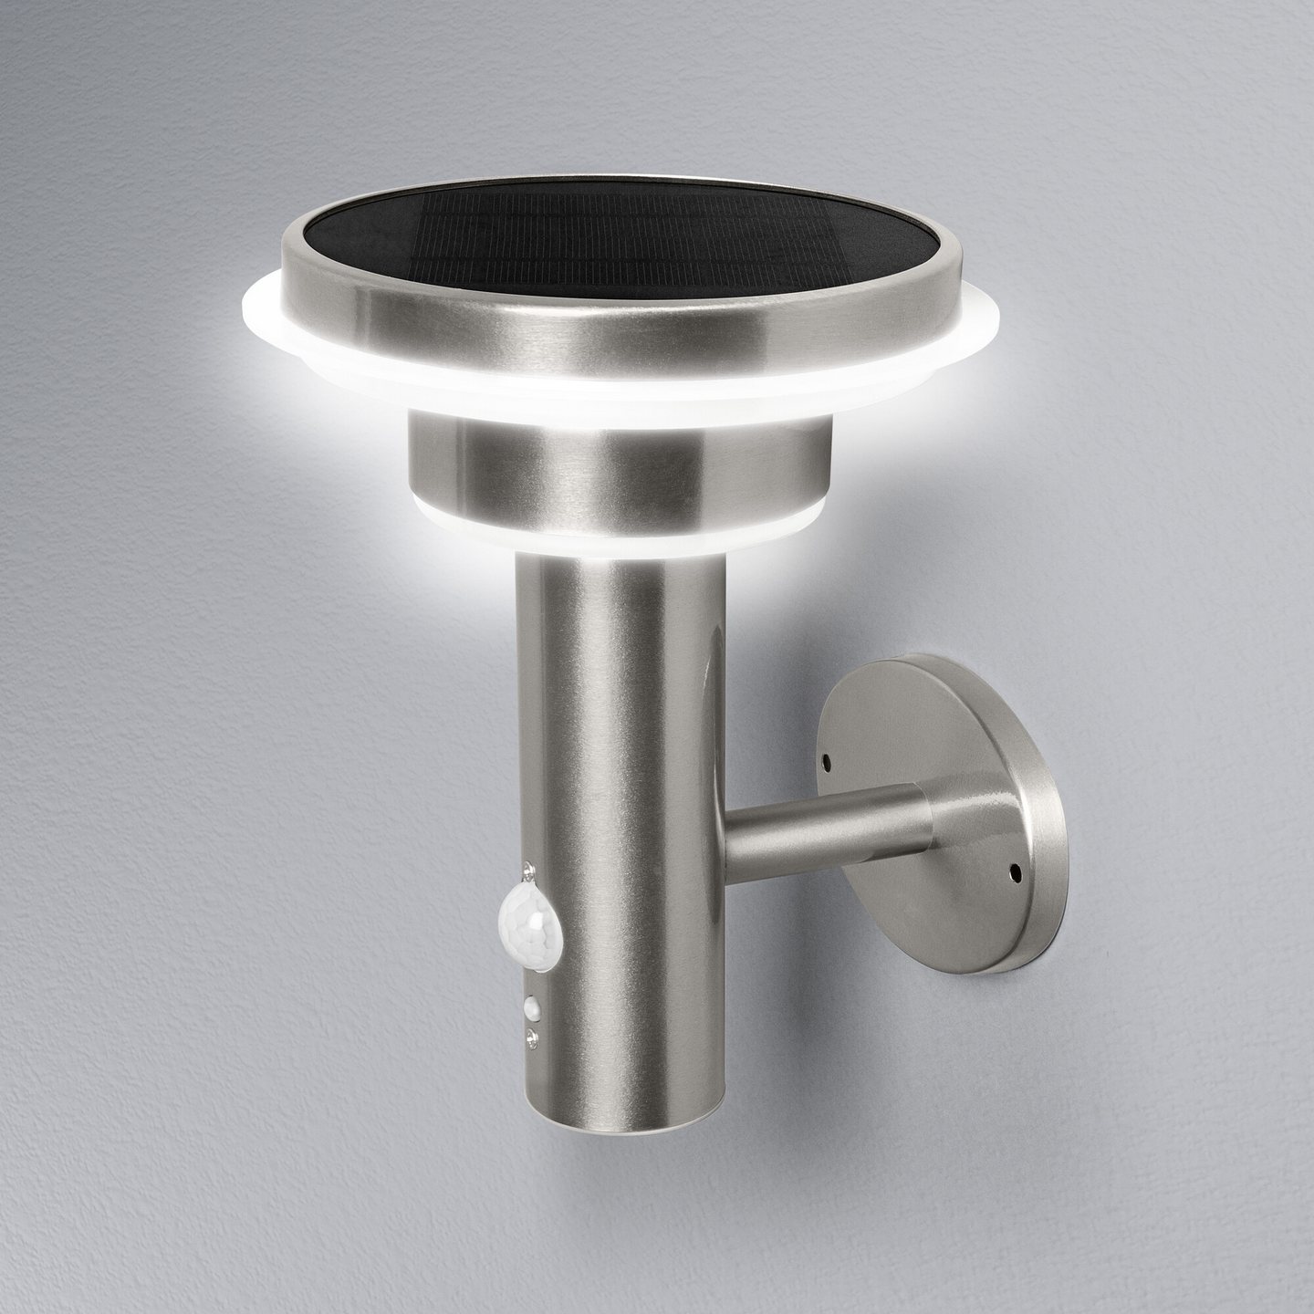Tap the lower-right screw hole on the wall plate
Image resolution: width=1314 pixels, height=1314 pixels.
point(1014,873)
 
